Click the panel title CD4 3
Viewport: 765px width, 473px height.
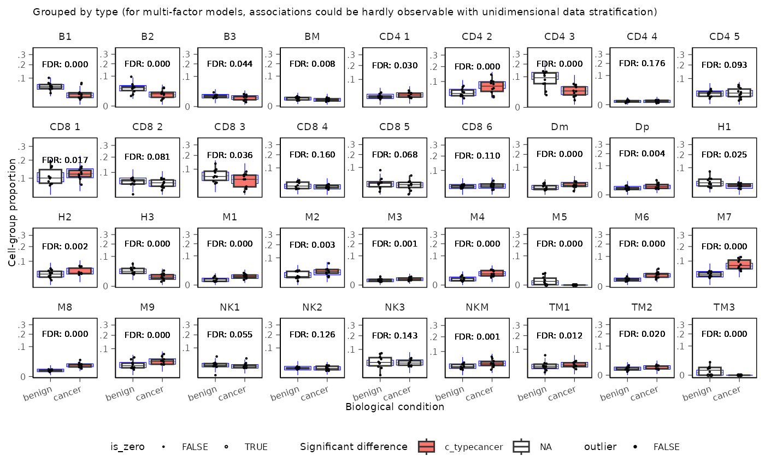(x=560, y=37)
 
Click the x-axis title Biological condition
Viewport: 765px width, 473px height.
(x=395, y=407)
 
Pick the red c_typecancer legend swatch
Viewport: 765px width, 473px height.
(x=426, y=447)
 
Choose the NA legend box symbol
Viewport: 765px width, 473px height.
(x=522, y=447)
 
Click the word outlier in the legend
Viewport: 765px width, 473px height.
(x=601, y=447)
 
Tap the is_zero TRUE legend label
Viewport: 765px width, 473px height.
(x=256, y=447)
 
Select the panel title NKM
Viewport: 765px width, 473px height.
(x=476, y=307)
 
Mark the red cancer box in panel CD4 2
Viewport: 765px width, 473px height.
(x=492, y=86)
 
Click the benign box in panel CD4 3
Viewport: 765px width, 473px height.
(x=545, y=78)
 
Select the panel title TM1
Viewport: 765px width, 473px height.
(x=560, y=307)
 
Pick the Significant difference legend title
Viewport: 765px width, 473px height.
(x=354, y=447)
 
